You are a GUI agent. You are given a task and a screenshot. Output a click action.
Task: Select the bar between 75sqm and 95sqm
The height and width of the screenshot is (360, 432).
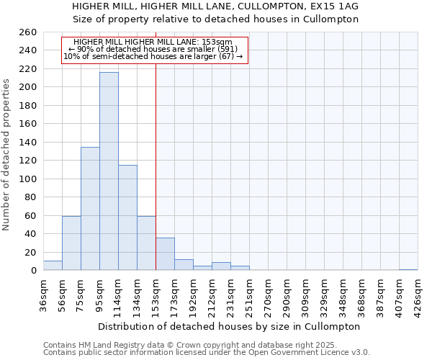pos(90,209)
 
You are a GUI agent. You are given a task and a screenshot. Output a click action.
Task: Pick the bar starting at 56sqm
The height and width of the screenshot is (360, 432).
pos(71,243)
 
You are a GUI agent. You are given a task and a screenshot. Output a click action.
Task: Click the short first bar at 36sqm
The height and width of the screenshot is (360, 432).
pos(53,266)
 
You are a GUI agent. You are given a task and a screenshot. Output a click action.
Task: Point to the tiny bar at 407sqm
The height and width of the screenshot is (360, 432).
pos(408,269)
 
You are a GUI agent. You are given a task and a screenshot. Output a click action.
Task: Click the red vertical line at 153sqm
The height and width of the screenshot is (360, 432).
pos(156,166)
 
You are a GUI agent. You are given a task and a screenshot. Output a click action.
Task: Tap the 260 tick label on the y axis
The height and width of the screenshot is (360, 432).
pos(28,32)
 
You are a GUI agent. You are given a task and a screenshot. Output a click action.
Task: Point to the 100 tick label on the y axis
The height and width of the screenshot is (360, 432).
pos(28,179)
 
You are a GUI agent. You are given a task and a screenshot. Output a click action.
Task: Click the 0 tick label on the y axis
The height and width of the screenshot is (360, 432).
pos(34,271)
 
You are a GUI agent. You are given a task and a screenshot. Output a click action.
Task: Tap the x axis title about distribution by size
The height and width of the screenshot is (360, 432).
pos(230,326)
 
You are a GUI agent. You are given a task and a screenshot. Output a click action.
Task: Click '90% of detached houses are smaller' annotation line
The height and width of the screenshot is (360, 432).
pos(153,49)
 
